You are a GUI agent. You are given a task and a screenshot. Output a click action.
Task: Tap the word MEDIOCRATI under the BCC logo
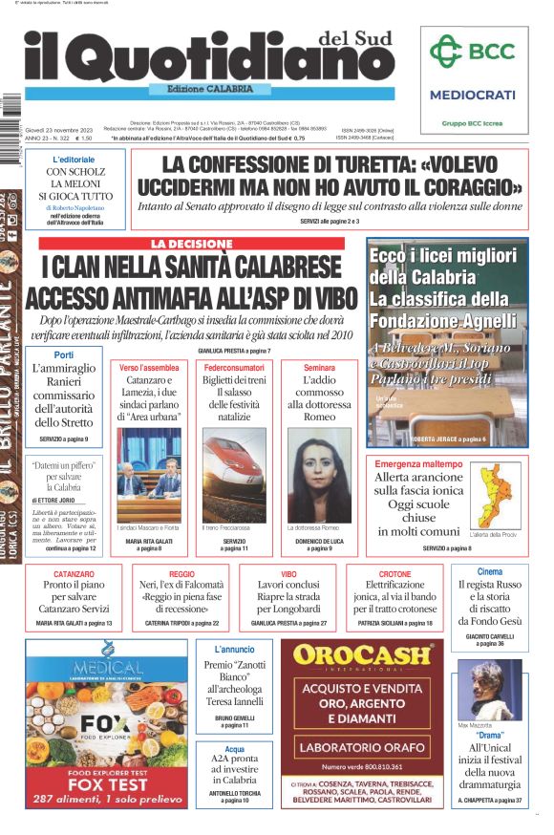[x=473, y=95]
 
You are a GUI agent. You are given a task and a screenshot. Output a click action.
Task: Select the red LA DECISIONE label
[x=191, y=245]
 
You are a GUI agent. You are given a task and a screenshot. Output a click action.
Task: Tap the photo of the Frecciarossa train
[x=234, y=474]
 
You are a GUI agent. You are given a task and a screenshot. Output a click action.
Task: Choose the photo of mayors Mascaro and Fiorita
[x=148, y=474]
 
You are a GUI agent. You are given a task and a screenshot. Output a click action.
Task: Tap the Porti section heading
[x=64, y=354]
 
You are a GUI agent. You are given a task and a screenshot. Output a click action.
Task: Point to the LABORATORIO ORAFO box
[x=370, y=746]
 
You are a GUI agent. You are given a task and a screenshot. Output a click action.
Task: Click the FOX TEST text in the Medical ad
[x=106, y=784]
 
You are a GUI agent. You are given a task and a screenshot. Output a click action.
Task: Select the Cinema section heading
[x=489, y=571]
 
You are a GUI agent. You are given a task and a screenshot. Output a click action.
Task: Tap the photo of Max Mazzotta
[x=490, y=690]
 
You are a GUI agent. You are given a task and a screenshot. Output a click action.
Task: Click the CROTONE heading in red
[x=394, y=574]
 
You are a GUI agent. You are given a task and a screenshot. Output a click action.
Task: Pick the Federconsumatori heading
[x=234, y=368]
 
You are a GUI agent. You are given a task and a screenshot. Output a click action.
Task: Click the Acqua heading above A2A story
[x=235, y=749]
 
